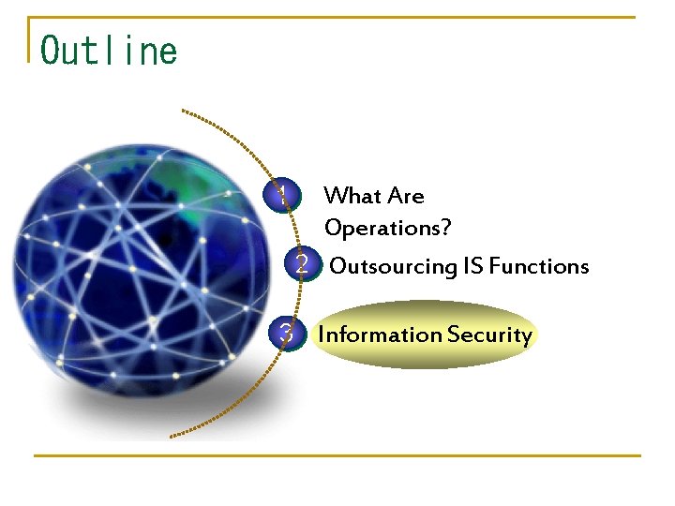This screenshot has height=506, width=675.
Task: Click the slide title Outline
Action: click(109, 51)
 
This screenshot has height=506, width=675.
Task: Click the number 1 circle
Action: click(281, 195)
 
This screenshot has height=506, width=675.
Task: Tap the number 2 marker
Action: click(301, 265)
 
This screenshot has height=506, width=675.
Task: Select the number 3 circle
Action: click(288, 334)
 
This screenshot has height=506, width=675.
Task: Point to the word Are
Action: click(406, 196)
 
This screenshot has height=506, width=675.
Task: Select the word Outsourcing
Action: click(393, 266)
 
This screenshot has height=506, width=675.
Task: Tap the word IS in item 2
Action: click(473, 266)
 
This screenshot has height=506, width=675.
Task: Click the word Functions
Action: click(539, 266)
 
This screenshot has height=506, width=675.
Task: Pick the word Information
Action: click(380, 335)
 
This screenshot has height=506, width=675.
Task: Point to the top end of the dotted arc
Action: click(184, 112)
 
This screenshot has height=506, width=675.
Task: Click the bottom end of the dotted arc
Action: click(172, 436)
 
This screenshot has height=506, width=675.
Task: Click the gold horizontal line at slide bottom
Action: click(337, 456)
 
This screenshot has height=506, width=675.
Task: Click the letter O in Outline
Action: click(52, 51)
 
